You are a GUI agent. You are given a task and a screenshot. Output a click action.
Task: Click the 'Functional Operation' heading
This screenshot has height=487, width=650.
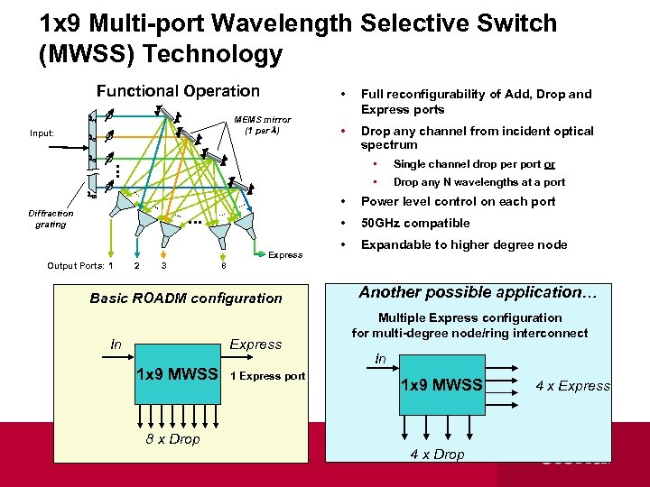pyautogui.click(x=178, y=91)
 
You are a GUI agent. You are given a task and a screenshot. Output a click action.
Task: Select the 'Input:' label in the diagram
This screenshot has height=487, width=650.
pyautogui.click(x=42, y=133)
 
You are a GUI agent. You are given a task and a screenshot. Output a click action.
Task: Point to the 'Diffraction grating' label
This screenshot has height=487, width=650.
pyautogui.click(x=51, y=219)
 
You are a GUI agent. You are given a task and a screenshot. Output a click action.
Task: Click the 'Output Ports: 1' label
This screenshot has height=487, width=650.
pyautogui.click(x=80, y=265)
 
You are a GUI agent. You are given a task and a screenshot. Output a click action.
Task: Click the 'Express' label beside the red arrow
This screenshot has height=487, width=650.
pyautogui.click(x=285, y=255)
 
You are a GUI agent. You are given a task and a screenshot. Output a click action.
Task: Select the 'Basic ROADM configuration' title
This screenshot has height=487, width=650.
pyautogui.click(x=186, y=298)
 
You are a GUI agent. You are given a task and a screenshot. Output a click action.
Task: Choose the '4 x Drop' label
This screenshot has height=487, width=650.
pyautogui.click(x=437, y=454)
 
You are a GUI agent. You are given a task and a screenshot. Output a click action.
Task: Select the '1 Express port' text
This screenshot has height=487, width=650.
pyautogui.click(x=268, y=376)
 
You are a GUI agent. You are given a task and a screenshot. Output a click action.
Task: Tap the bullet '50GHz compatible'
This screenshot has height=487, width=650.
pyautogui.click(x=415, y=223)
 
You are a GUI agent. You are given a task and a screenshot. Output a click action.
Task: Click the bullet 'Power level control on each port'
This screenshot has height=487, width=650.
pyautogui.click(x=458, y=201)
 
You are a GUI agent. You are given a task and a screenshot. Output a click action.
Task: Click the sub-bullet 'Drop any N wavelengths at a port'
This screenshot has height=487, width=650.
pyautogui.click(x=478, y=182)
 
